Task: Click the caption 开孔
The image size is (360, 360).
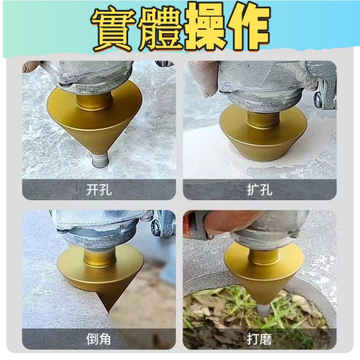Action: coord(99,190)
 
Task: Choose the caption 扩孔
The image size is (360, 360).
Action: coord(260,190)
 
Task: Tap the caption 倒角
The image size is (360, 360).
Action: coord(99,340)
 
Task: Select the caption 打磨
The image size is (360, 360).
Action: coord(260,340)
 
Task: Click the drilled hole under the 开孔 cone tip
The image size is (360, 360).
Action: coord(99,163)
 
